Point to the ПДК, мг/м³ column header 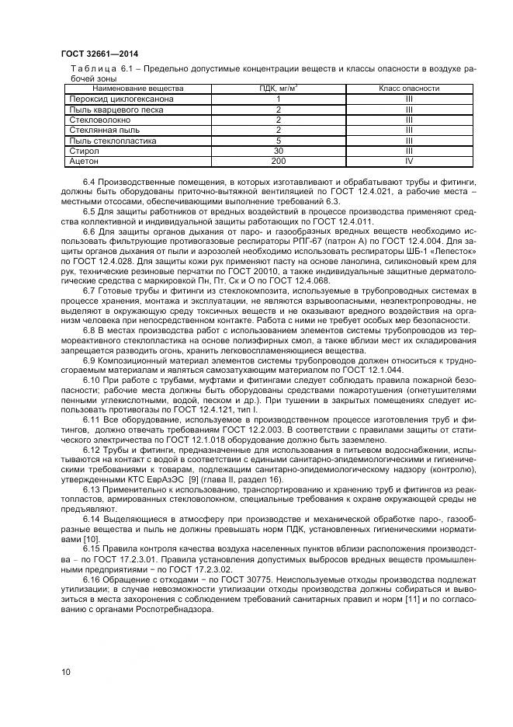pos(278,89)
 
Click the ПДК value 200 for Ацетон pos(278,162)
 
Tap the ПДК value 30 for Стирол pos(278,151)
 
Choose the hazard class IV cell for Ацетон pos(408,162)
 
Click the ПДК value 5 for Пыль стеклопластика pos(278,141)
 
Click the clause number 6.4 pos(89,182)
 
